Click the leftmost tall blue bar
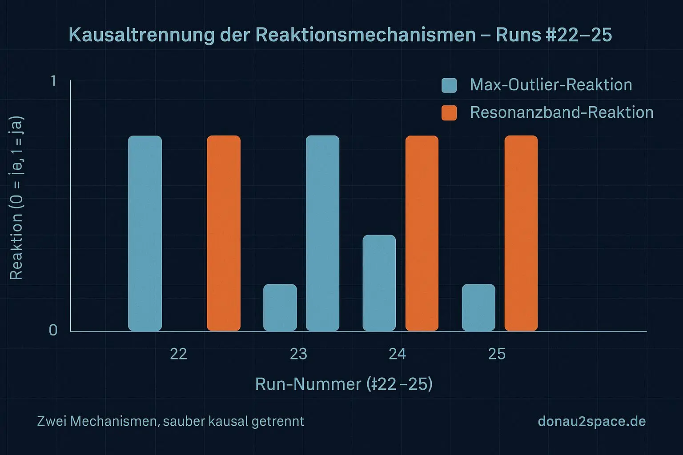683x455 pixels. tap(145, 233)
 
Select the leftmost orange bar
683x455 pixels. tap(224, 233)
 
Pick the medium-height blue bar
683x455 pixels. tap(379, 283)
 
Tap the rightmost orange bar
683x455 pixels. tap(521, 233)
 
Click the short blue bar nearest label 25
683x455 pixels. tap(478, 307)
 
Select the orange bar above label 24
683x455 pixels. tap(422, 233)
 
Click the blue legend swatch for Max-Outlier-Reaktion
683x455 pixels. tap(449, 85)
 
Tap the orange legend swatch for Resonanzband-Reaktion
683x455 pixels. tap(449, 113)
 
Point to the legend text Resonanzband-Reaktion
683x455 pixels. tap(561, 112)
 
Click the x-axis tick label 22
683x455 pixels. tap(178, 354)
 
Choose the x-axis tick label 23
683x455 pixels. tap(298, 354)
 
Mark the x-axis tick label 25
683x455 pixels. tap(497, 354)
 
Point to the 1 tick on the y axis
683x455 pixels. tap(53, 81)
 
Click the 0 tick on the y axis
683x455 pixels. tap(53, 330)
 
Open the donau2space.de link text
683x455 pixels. tap(591, 421)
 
